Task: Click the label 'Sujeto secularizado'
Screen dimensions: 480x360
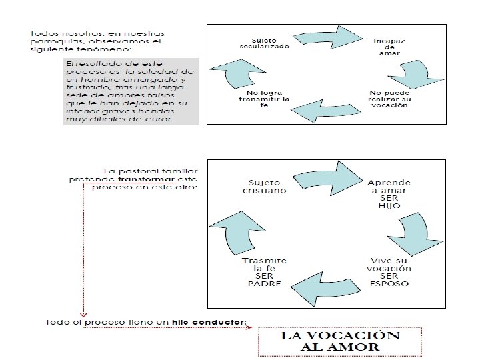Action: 265,42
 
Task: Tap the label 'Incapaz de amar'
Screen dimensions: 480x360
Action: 389,47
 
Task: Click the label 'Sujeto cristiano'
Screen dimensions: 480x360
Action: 265,186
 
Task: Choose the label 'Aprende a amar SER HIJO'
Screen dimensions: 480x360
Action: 389,194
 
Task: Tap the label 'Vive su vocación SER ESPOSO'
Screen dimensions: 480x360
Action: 390,271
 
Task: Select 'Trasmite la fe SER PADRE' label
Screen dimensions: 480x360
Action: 265,271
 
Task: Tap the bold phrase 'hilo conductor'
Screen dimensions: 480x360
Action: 209,323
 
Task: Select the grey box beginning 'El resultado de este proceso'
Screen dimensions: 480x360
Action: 129,91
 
